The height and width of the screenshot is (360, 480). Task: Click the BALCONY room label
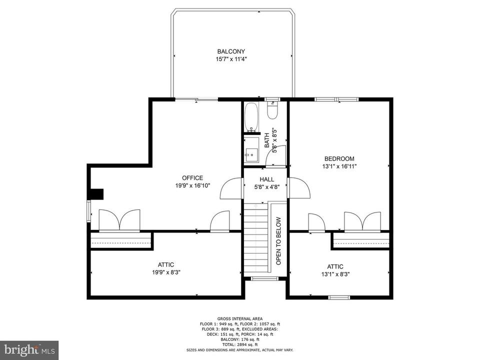(231, 51)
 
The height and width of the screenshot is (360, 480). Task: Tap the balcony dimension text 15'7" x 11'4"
(231, 59)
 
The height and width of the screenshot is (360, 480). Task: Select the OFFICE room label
(192, 178)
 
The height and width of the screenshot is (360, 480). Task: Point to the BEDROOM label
(339, 159)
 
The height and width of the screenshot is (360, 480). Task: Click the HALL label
(266, 179)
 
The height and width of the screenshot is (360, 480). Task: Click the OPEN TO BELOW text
(278, 241)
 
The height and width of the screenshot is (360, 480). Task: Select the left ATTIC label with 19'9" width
(166, 265)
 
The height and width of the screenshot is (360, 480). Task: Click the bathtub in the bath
(251, 116)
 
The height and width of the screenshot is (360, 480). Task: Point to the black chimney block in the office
(95, 194)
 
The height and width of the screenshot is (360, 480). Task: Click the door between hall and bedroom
(299, 187)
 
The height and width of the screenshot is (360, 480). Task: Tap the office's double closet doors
(119, 220)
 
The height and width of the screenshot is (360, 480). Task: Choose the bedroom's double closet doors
(362, 221)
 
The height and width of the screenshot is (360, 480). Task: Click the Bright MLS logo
(29, 350)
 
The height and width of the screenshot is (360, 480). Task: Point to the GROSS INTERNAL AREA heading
(240, 319)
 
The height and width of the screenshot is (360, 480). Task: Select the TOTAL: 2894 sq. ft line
(240, 345)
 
